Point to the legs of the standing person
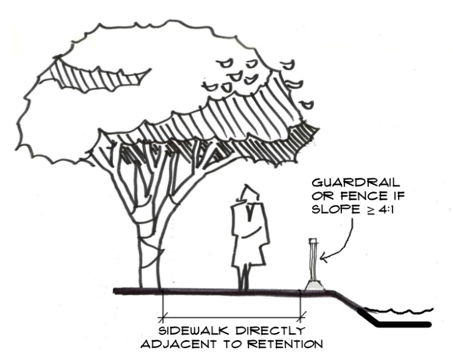tap(245, 275)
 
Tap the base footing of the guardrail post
tap(314, 285)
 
